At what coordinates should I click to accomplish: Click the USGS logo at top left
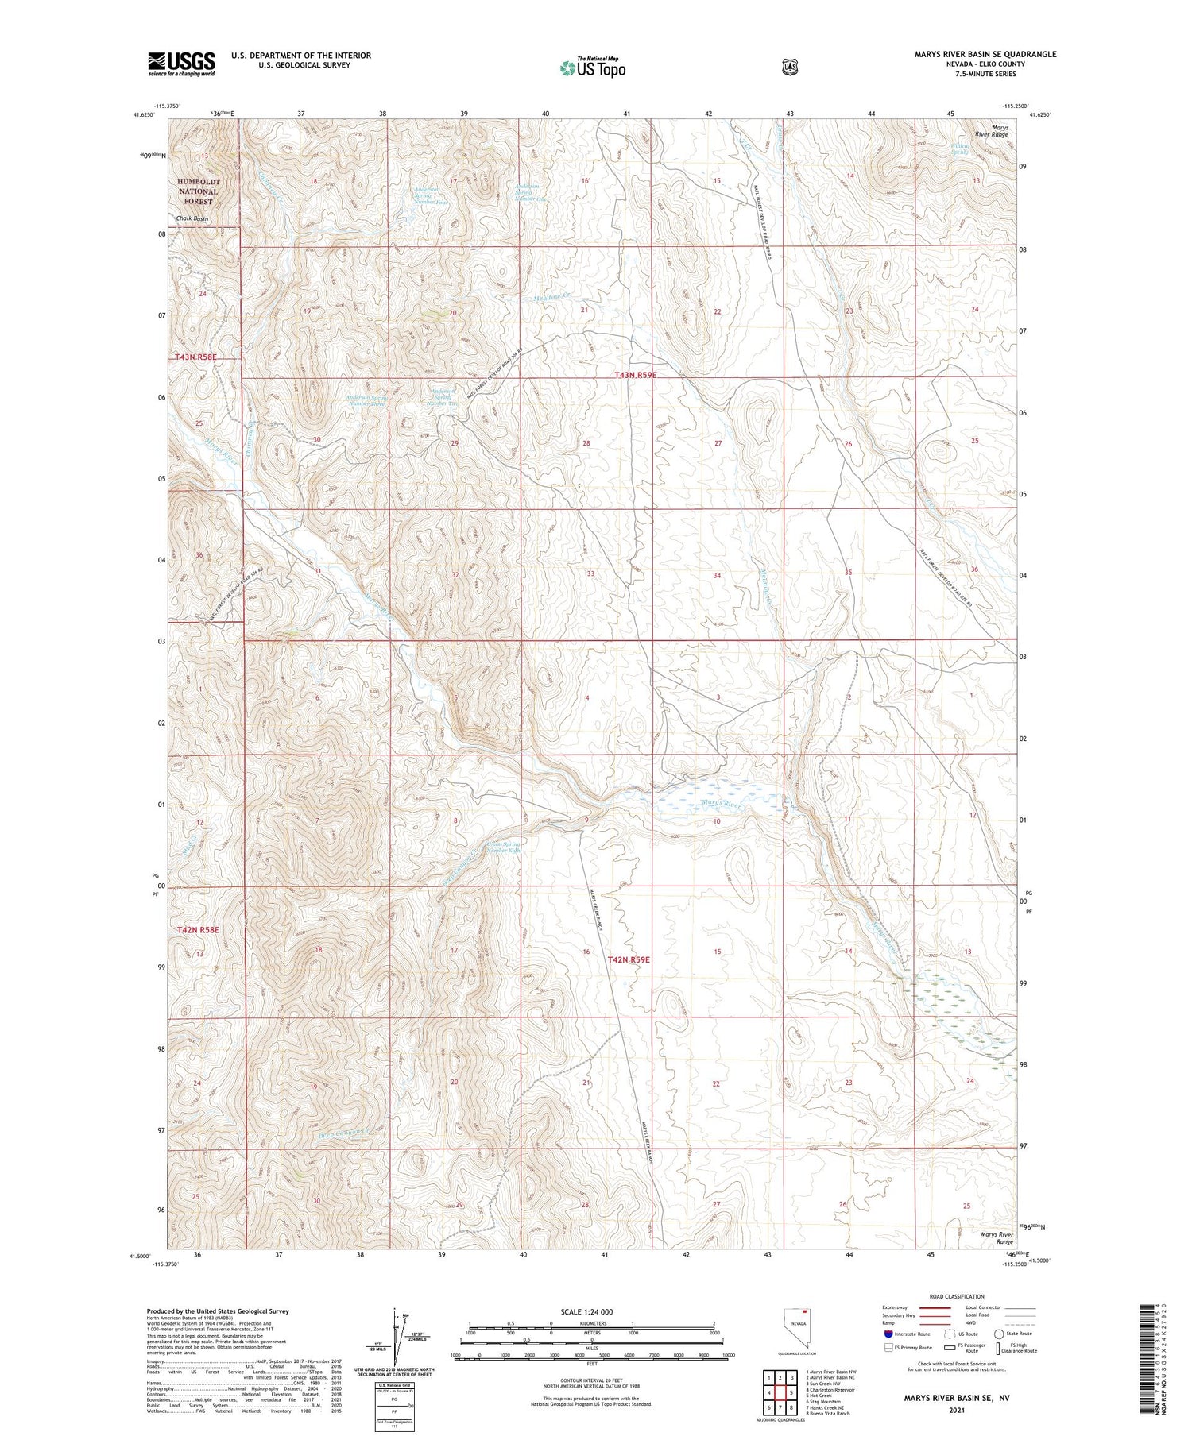[181, 64]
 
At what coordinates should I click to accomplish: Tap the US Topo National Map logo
[592, 68]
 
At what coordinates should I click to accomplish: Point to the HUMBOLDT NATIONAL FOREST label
[198, 191]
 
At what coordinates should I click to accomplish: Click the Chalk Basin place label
[192, 218]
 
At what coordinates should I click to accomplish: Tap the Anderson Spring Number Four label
[432, 195]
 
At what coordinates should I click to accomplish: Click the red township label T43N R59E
[636, 375]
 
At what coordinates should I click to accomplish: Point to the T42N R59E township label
[629, 959]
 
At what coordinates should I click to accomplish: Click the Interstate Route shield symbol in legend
[887, 1334]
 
